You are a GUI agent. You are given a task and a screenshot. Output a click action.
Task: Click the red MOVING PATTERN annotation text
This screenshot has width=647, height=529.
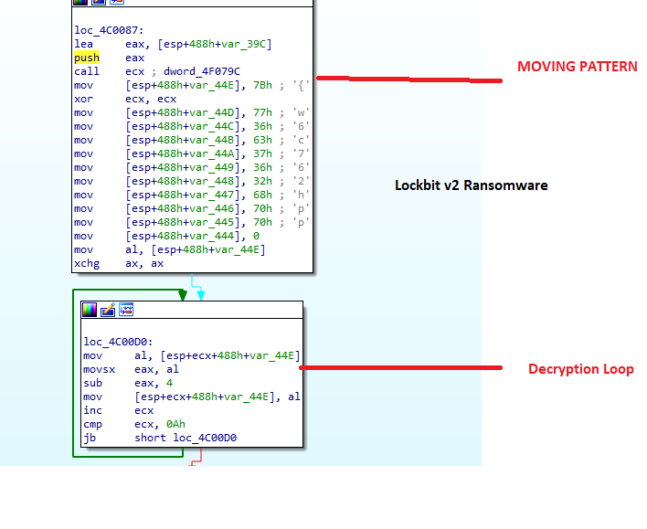577,67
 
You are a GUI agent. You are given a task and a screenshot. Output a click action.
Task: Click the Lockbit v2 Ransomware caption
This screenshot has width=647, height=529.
471,185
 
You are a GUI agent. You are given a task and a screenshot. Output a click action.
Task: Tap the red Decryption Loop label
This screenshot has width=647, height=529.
580,369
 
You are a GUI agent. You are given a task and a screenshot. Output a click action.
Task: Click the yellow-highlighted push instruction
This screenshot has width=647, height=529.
87,58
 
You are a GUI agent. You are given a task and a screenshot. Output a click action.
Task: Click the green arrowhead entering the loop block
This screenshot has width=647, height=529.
183,295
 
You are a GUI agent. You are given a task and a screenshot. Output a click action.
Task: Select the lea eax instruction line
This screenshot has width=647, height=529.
175,44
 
